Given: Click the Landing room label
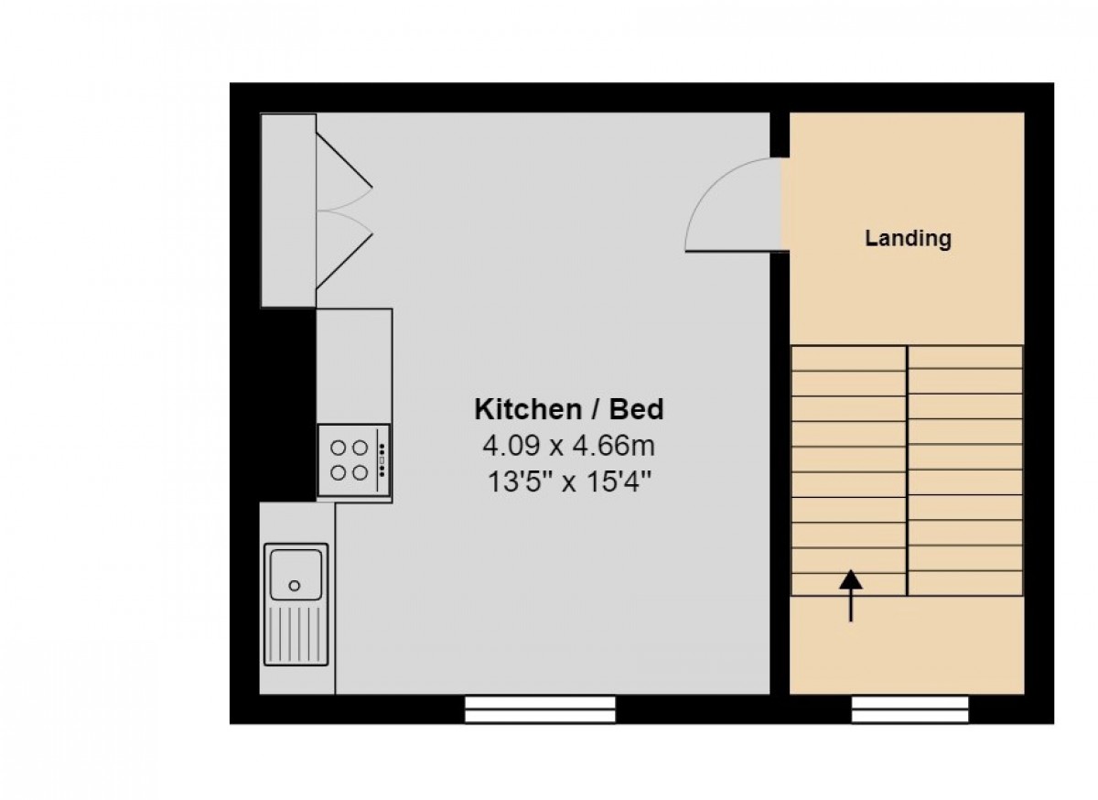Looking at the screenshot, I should click(908, 239).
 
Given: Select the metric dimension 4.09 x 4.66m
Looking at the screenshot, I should click(568, 447).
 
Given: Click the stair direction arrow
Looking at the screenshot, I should click(851, 595).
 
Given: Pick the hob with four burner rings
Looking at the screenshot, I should click(354, 460).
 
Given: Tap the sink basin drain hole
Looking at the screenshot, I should click(295, 585).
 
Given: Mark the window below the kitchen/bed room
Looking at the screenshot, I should click(540, 709).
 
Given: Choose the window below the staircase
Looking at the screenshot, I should click(910, 709).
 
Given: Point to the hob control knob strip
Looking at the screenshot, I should click(382, 460).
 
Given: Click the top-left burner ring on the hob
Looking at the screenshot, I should click(339, 448).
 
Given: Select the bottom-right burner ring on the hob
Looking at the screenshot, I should click(361, 472).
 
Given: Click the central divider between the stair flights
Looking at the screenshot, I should click(907, 470).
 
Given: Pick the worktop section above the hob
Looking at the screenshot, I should click(354, 366).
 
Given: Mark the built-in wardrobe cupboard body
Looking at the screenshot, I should click(288, 210).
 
